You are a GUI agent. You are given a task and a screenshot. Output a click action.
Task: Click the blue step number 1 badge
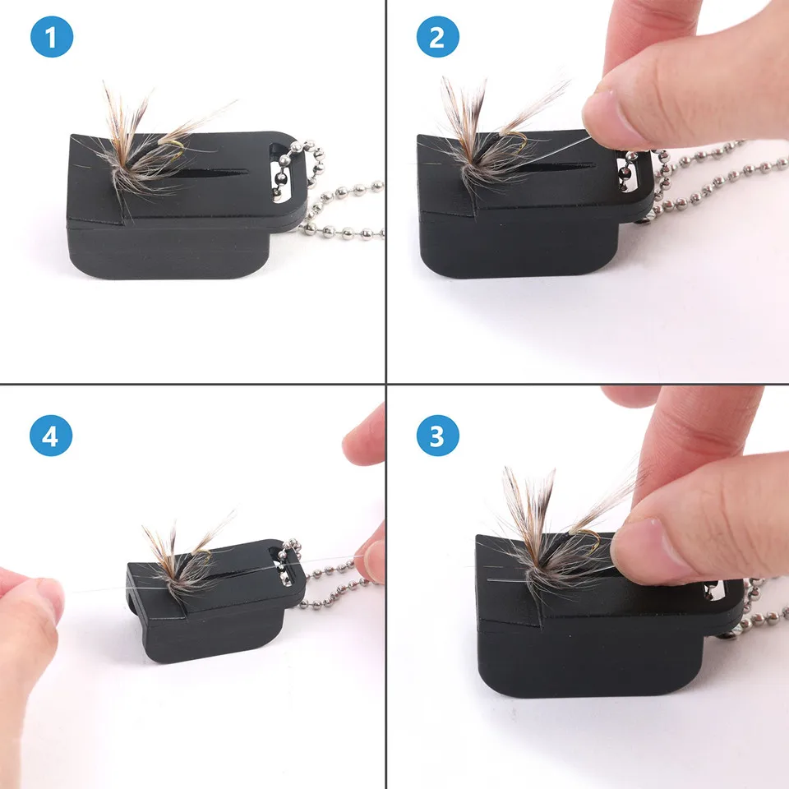[52, 39]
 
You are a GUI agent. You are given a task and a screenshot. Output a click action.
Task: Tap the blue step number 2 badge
[436, 39]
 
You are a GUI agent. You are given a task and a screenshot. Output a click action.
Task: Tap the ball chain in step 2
[707, 177]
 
